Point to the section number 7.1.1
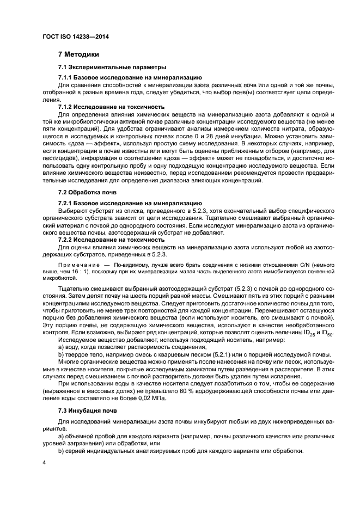65,78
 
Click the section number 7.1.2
65,107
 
